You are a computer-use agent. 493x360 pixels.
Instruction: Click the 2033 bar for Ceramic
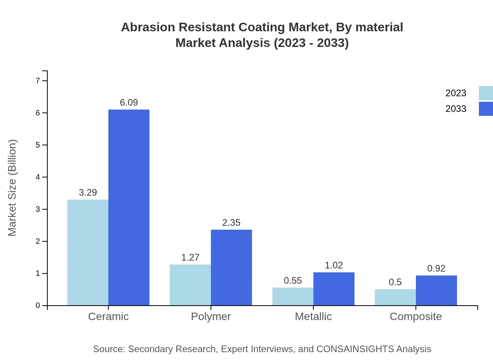click(129, 207)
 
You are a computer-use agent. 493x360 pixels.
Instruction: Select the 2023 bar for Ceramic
click(88, 252)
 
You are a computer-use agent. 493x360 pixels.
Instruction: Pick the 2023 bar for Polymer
click(190, 285)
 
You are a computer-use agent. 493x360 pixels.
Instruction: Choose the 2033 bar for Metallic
click(334, 289)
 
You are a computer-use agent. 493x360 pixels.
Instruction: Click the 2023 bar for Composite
click(395, 297)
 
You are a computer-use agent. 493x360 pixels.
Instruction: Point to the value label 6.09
click(129, 103)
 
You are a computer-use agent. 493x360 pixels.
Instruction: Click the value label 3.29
click(88, 193)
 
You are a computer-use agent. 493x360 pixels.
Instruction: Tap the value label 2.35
click(231, 223)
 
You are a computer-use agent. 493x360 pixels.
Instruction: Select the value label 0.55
click(293, 281)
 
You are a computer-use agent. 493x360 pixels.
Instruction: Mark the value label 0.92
click(436, 268)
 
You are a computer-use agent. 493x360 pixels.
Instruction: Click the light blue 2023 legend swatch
click(486, 93)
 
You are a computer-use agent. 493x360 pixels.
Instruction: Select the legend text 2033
click(456, 109)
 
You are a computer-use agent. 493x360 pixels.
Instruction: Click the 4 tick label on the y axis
click(38, 177)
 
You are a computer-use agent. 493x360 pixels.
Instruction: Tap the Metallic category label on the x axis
click(313, 316)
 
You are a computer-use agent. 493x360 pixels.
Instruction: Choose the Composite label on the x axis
click(416, 316)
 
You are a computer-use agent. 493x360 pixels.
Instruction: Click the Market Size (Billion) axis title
click(13, 188)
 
